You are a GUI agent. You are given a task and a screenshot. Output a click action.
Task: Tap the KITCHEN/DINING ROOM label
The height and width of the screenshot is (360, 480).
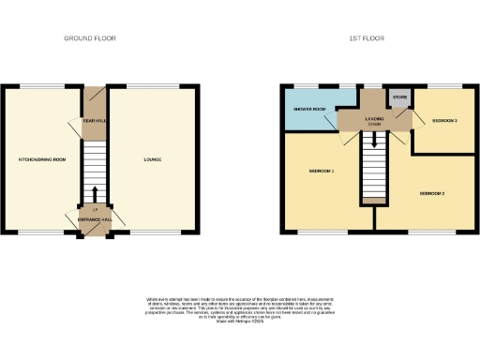click(x=42, y=160)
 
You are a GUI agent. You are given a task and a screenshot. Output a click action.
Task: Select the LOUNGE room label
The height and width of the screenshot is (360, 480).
click(x=152, y=160)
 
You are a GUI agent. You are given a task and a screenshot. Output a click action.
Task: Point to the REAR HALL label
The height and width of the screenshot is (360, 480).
click(x=95, y=121)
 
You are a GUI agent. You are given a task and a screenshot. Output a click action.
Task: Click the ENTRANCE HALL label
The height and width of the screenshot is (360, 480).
click(x=95, y=219)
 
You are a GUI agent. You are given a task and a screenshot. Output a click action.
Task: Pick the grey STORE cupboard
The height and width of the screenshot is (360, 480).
click(x=400, y=97)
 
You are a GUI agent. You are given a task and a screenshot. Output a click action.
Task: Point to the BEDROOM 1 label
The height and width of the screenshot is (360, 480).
click(x=322, y=172)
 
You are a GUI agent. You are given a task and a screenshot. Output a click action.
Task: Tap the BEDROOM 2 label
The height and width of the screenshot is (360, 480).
click(x=431, y=193)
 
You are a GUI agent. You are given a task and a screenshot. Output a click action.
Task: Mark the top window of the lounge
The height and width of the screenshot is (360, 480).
click(x=153, y=86)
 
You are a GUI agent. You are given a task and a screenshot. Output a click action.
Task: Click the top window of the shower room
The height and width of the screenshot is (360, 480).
click(x=307, y=86)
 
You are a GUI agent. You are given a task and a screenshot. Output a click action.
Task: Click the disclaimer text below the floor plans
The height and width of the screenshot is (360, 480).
click(x=240, y=310)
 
